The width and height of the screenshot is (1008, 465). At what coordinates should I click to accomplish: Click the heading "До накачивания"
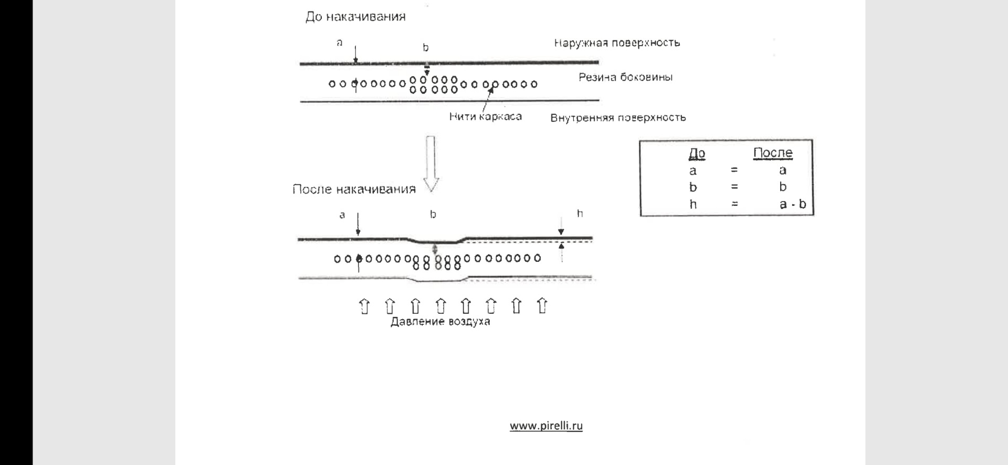coord(355,17)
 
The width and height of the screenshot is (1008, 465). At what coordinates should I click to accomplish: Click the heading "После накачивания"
coord(354,189)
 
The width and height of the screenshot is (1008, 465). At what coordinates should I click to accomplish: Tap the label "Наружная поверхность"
coord(617,43)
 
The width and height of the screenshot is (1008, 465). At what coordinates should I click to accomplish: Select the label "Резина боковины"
coord(625,77)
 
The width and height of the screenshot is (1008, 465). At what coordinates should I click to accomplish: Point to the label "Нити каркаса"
coord(485,117)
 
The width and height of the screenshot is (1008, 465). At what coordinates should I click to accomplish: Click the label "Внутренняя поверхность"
coord(618,118)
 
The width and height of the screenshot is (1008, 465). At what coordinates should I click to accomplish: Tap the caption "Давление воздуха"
coord(440,322)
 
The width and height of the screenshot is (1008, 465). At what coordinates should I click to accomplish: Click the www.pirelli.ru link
coord(546,426)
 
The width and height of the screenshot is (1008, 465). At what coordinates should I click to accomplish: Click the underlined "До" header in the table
coord(697,153)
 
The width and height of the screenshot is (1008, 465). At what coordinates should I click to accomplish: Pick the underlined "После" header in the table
coord(773,153)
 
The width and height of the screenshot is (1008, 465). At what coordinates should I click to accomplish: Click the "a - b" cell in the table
coord(793,204)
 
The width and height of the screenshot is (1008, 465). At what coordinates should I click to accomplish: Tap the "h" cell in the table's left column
coord(693,204)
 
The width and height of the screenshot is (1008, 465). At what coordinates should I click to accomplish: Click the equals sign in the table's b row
coord(734,187)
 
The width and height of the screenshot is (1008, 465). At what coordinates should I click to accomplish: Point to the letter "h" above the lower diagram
coord(580,213)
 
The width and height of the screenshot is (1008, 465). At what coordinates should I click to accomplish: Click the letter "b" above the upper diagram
coord(426,48)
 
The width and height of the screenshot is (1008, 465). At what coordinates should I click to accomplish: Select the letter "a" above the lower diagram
coord(342,215)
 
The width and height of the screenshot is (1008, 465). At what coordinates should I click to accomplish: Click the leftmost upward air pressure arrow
coord(364,306)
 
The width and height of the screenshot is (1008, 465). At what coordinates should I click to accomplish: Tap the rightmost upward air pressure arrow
coord(542,306)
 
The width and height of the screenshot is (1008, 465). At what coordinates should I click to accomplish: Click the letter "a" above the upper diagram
coord(340,43)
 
